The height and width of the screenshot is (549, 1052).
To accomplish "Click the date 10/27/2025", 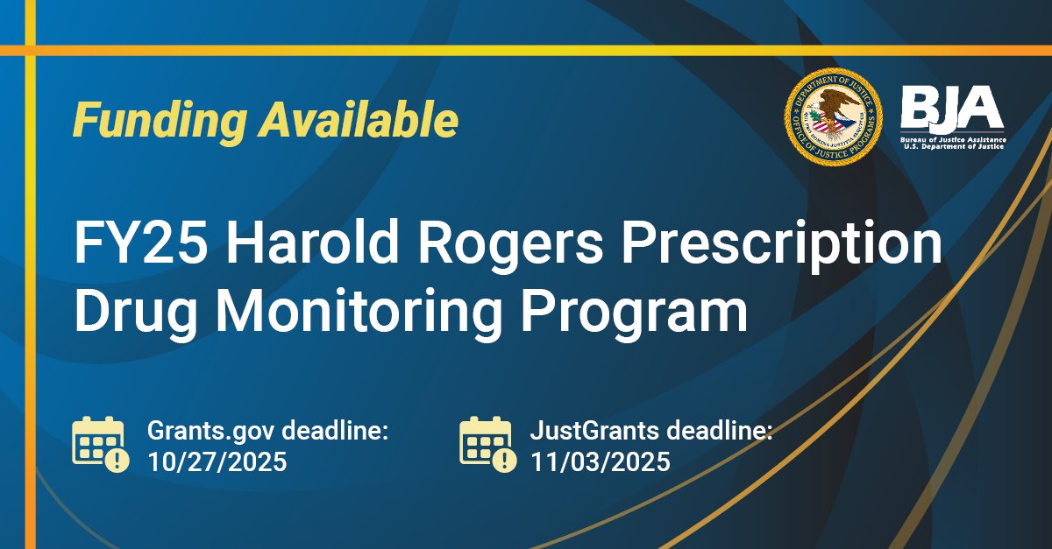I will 217,461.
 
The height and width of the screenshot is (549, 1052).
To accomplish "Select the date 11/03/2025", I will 600,461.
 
